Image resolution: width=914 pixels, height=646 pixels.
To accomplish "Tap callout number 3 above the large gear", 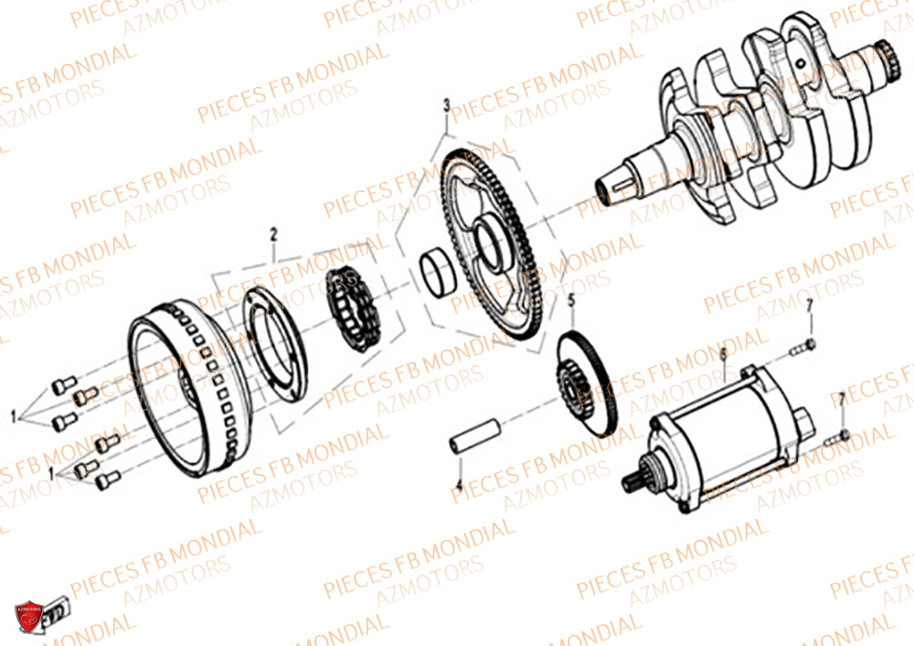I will point(446,105).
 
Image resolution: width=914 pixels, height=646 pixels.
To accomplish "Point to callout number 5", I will point(571,299).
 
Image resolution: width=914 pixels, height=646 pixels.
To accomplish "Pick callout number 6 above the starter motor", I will point(722,352).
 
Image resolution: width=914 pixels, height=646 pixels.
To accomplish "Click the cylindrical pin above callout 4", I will point(475,434).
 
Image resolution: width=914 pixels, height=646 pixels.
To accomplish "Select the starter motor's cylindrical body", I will point(731,430).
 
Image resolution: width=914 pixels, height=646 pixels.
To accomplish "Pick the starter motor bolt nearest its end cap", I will point(840,436).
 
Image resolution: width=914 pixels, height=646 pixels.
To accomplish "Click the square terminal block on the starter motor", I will point(804,416).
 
